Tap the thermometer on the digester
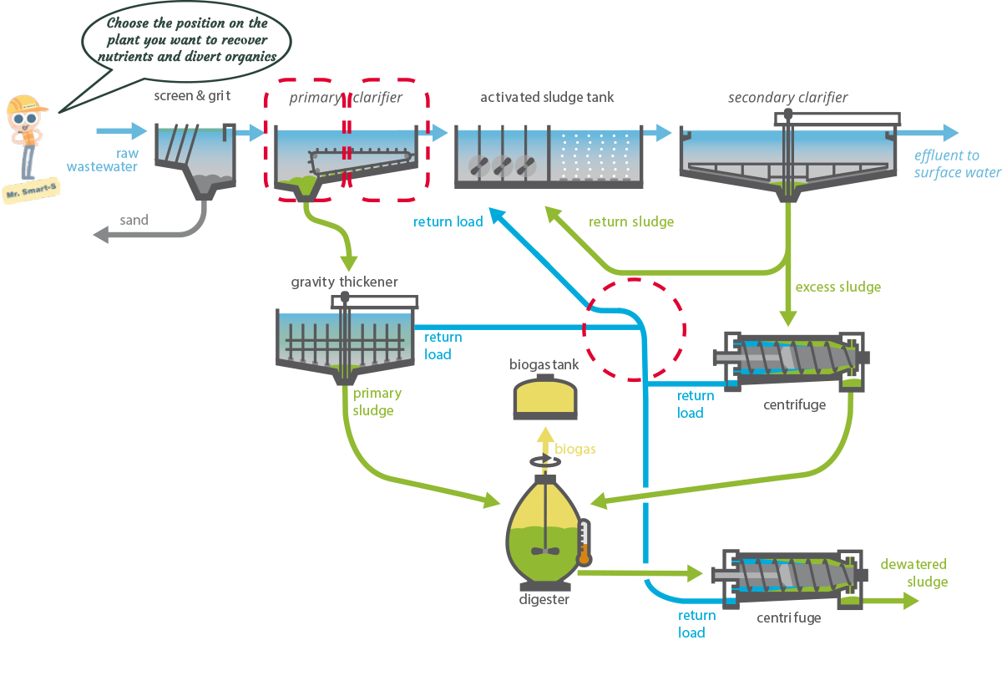[584, 542]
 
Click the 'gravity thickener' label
[344, 282]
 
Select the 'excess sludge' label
[838, 287]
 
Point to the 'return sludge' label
[631, 221]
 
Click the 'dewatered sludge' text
[913, 572]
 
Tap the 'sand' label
[134, 220]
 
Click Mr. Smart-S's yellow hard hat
[26, 104]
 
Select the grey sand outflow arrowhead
[101, 235]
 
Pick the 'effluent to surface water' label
[957, 164]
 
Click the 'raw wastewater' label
[103, 160]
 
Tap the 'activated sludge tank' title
[547, 97]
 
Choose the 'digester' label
[544, 599]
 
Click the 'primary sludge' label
[377, 402]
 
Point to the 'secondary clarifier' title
[787, 97]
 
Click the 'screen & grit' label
[192, 96]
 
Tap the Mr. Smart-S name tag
[32, 191]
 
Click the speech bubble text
[187, 40]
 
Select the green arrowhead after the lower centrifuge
[911, 601]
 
